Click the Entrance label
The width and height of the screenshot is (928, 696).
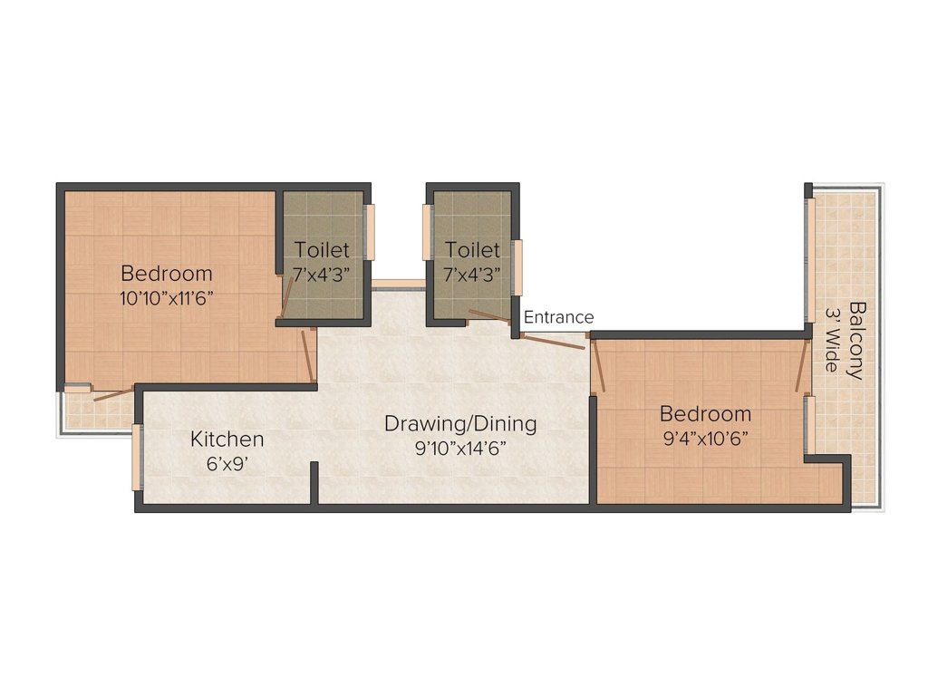(x=558, y=317)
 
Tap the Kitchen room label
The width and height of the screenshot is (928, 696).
(x=227, y=440)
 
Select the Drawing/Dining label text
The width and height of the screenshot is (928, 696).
(x=460, y=423)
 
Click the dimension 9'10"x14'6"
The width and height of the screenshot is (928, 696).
(x=460, y=447)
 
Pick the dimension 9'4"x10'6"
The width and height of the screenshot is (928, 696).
(x=705, y=438)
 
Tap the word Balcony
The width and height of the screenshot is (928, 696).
(x=856, y=340)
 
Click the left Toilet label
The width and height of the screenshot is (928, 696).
(x=322, y=250)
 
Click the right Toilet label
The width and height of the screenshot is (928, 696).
(x=471, y=250)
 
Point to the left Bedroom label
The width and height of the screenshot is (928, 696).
(x=167, y=273)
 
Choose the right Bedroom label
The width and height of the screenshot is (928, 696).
(x=705, y=414)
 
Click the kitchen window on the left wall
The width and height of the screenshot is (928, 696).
(x=138, y=457)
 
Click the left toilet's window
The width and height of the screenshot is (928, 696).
(x=370, y=233)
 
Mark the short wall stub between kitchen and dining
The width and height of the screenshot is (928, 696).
(x=314, y=482)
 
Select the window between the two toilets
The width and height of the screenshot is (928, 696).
(x=398, y=284)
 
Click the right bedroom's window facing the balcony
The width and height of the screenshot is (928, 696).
(x=809, y=424)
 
